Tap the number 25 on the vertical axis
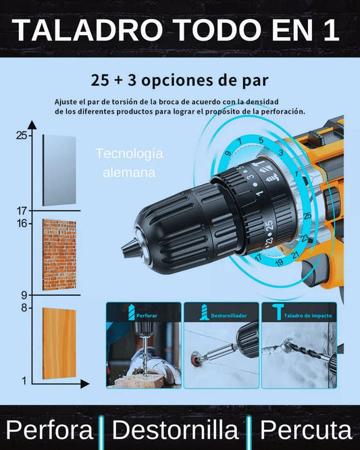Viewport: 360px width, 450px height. (x=22, y=135)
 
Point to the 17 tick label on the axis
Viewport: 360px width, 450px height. (x=22, y=211)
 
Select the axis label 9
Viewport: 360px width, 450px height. (x=24, y=295)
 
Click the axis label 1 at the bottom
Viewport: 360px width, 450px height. (x=24, y=381)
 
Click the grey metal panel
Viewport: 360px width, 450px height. (x=59, y=170)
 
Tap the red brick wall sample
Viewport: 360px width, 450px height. (x=59, y=255)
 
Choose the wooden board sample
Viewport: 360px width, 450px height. (x=59, y=343)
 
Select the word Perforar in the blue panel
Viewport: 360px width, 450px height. (x=147, y=316)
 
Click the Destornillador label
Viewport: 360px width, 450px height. (x=229, y=316)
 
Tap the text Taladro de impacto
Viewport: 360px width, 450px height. (x=308, y=316)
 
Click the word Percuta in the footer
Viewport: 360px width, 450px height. (x=306, y=430)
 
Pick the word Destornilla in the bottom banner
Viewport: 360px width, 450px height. (x=175, y=430)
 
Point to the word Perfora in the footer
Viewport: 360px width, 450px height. (x=49, y=430)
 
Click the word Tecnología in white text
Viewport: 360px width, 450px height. (x=129, y=153)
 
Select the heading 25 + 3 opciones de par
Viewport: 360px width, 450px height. (x=180, y=80)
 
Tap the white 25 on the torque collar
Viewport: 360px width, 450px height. (x=269, y=225)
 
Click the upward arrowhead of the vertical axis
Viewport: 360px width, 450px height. (x=32, y=124)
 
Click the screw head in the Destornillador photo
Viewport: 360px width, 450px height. (x=195, y=358)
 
